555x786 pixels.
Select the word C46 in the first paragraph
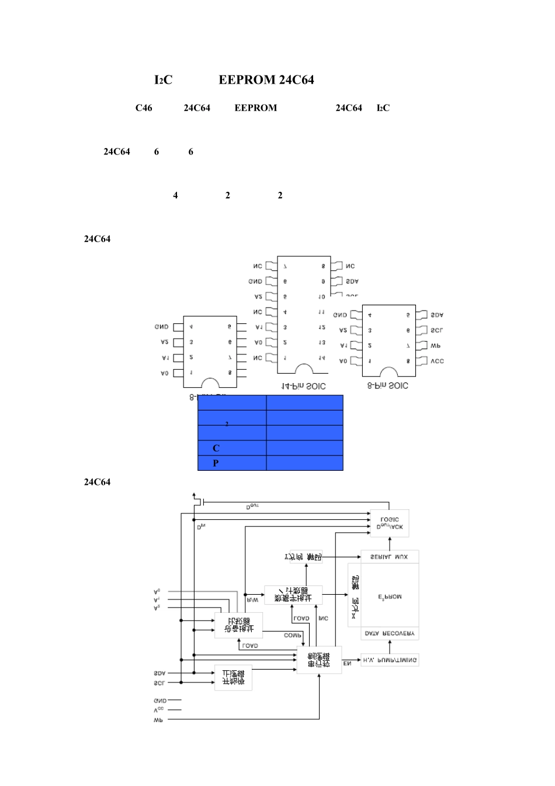144,108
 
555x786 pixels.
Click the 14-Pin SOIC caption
304,386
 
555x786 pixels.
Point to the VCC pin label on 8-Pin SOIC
437,361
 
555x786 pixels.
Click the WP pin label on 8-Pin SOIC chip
435,346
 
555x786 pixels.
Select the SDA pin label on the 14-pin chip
352,281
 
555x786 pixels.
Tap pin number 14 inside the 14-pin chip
321,357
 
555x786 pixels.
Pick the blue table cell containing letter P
232,463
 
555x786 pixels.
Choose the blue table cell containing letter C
232,448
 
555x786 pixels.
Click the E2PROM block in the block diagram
390,597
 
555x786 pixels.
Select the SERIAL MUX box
390,557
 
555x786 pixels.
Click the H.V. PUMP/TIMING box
390,660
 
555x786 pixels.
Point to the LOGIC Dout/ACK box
390,523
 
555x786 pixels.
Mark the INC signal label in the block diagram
323,618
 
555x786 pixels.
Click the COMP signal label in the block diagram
293,635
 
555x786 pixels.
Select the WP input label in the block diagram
158,720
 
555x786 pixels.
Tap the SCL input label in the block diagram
159,682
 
